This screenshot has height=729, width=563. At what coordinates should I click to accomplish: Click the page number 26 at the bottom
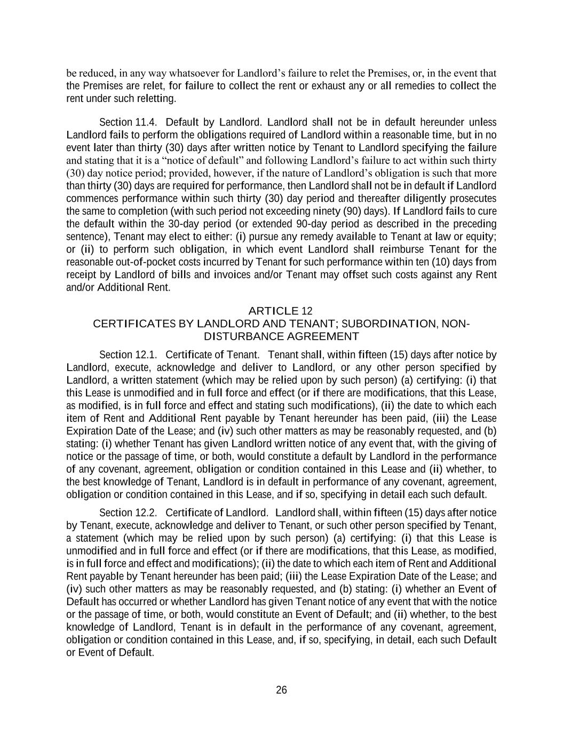point(281,690)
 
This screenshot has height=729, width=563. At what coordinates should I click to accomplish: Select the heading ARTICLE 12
point(281,311)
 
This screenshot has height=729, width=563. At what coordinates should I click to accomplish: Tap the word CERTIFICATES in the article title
point(126,324)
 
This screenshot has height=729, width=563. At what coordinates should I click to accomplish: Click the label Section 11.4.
point(128,122)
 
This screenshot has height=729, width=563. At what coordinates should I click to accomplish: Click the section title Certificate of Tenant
point(212,355)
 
